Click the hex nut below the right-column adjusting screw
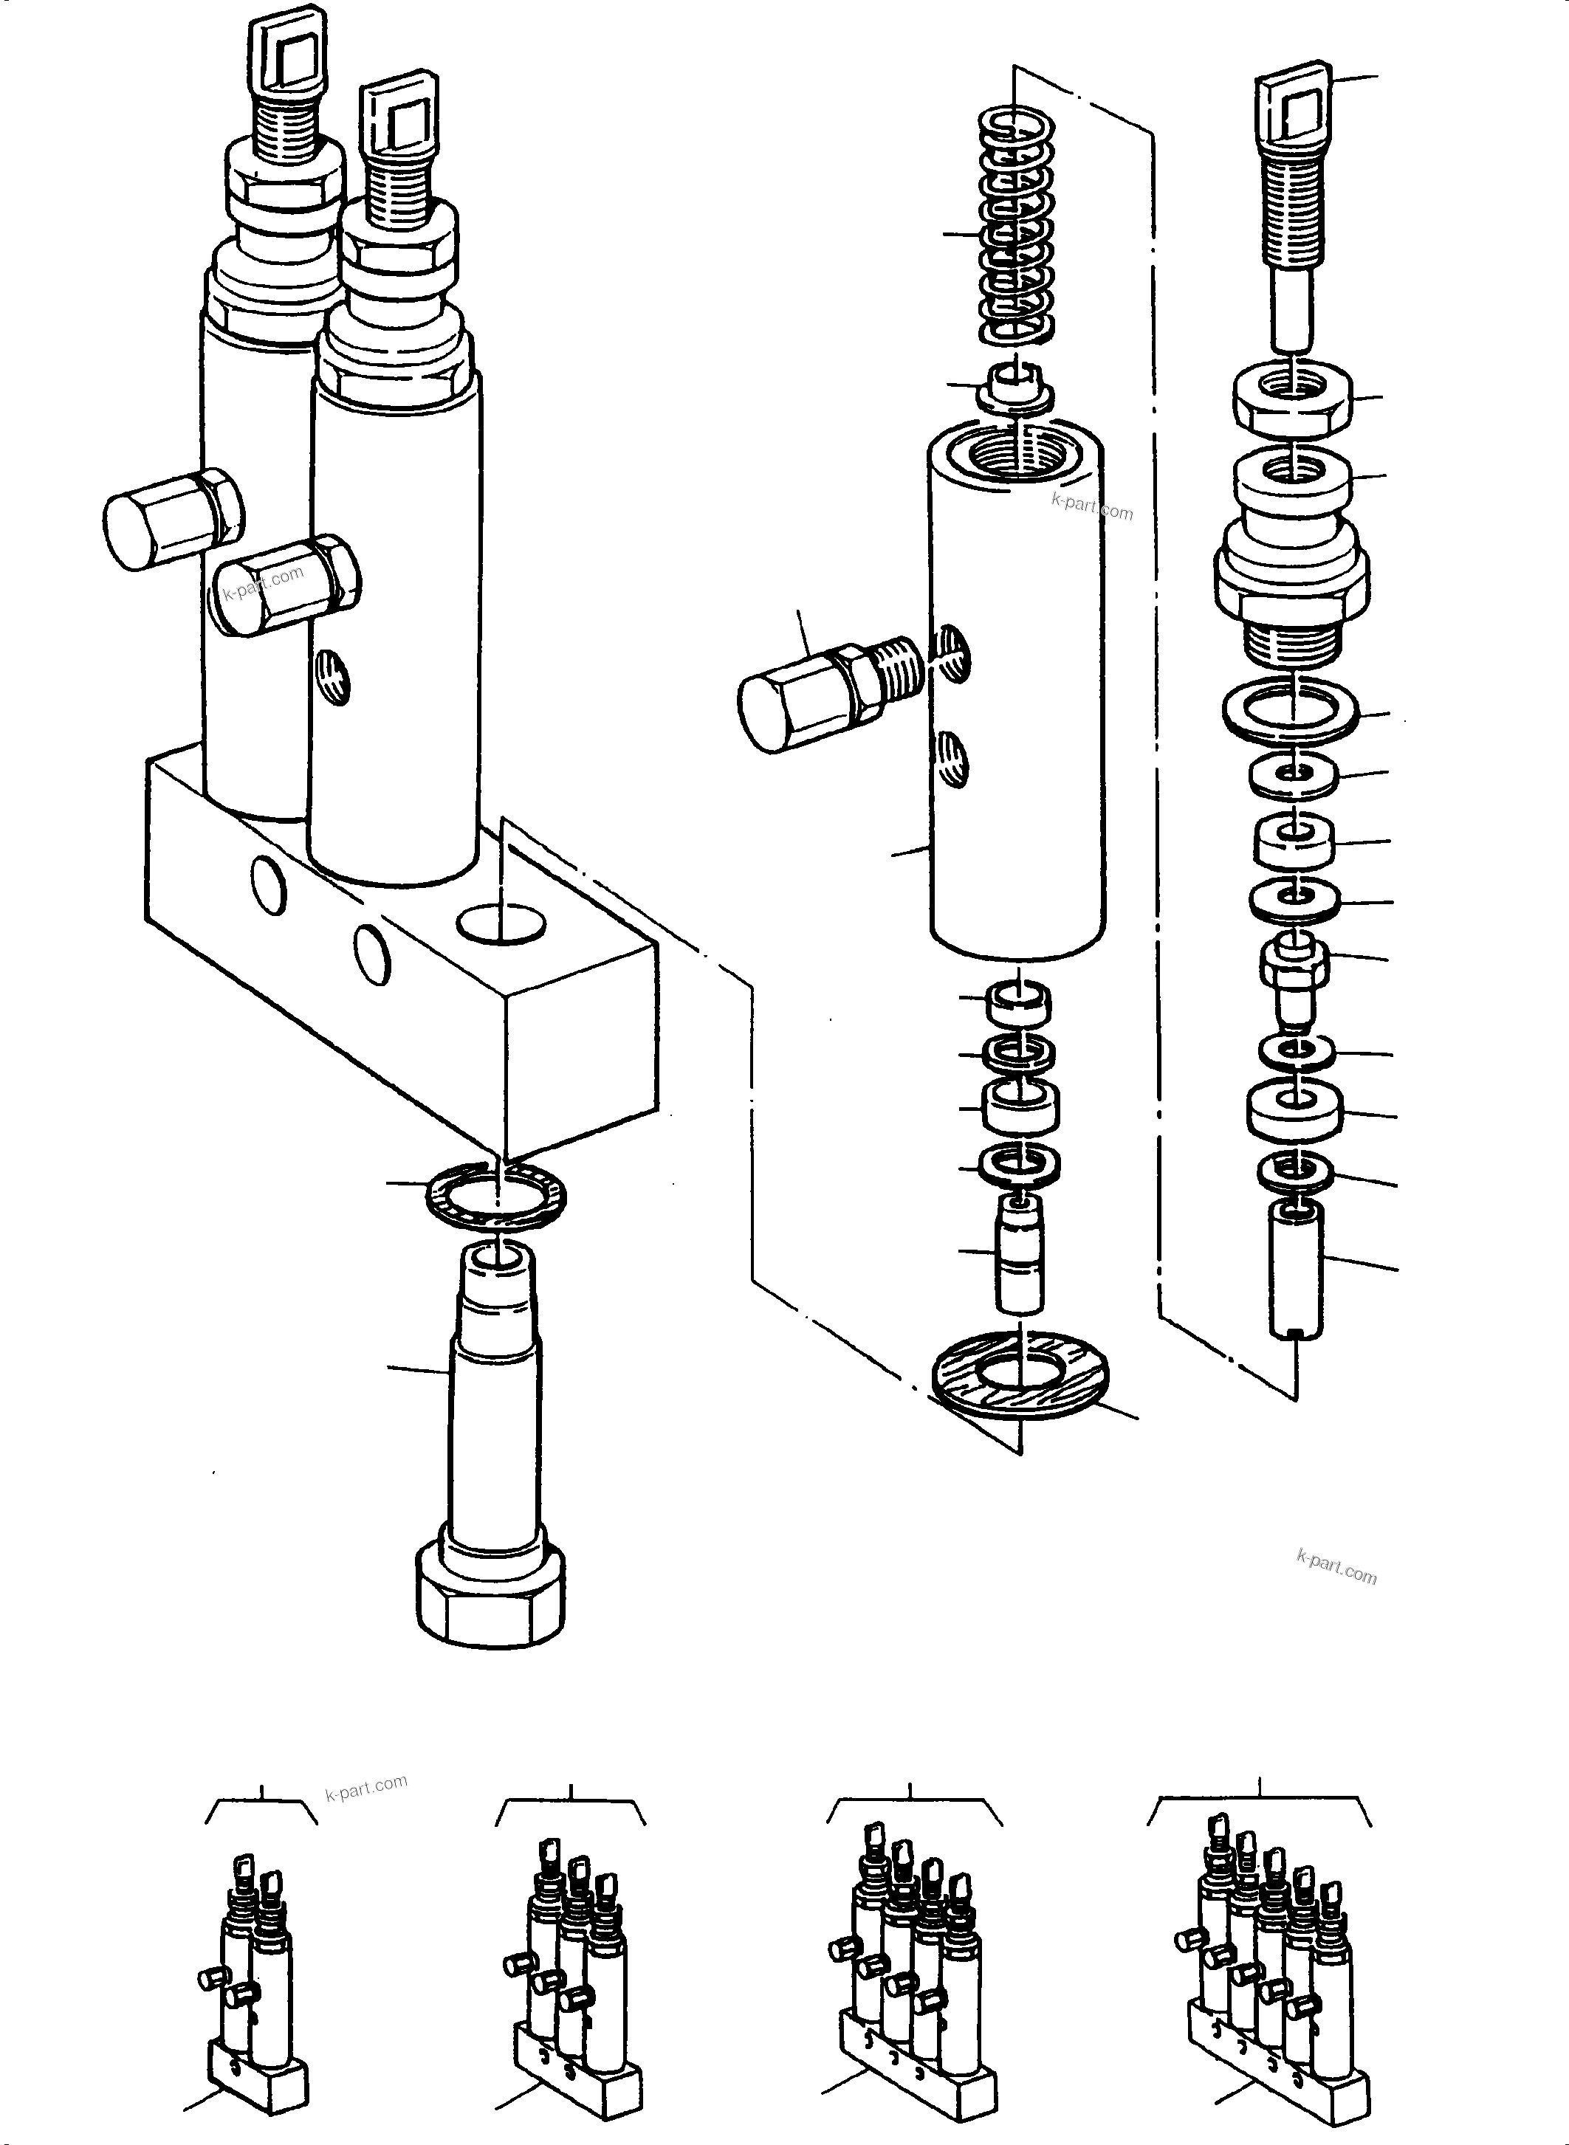click(1294, 399)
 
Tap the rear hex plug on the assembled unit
click(171, 517)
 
